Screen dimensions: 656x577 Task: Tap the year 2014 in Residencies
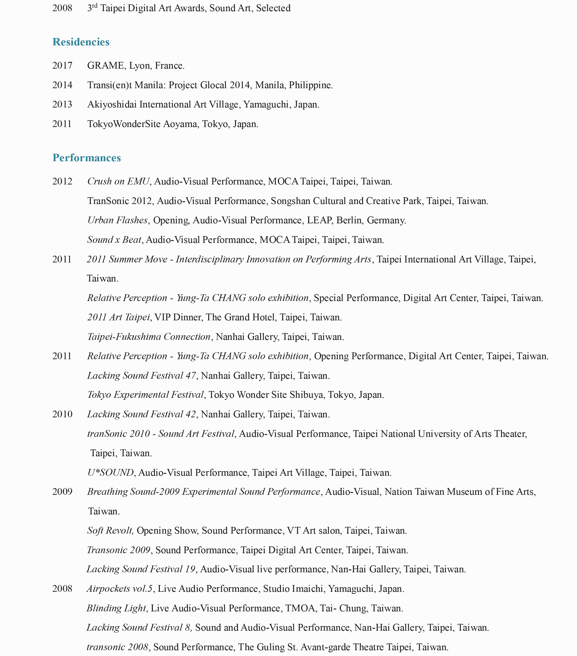pyautogui.click(x=62, y=85)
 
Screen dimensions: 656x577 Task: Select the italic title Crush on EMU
pyautogui.click(x=118, y=182)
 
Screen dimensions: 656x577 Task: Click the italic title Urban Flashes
pyautogui.click(x=117, y=220)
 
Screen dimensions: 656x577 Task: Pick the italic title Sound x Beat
pyautogui.click(x=114, y=240)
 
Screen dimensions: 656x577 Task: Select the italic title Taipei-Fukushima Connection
pyautogui.click(x=149, y=337)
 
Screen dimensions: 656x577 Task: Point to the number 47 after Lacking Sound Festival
pyautogui.click(x=191, y=375)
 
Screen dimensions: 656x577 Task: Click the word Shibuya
pyautogui.click(x=306, y=395)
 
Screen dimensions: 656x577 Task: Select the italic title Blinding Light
pyautogui.click(x=116, y=608)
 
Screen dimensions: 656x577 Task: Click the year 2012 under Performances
pyautogui.click(x=62, y=182)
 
